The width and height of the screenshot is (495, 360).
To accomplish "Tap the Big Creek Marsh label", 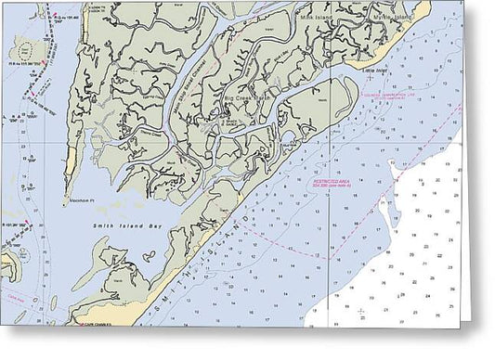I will pos(246,96).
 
